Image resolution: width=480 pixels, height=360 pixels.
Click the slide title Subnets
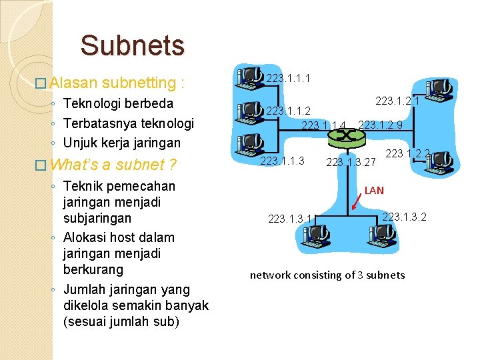point(132,45)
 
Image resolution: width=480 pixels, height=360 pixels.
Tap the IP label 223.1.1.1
point(288,79)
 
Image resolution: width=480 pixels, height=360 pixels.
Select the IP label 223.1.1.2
point(288,111)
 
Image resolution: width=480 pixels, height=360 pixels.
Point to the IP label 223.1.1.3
point(282,161)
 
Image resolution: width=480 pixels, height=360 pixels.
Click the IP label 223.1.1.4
point(324,125)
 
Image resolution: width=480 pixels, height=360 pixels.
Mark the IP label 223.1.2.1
point(397,101)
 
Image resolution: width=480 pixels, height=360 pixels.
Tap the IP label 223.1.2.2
point(407,154)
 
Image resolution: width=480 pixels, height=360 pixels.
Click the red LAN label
point(374,190)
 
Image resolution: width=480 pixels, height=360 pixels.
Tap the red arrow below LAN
point(358,202)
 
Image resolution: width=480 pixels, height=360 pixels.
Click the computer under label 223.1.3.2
point(381,233)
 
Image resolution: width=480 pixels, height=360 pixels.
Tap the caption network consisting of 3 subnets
point(327,275)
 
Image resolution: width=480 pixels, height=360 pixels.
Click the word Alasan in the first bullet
point(73,83)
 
